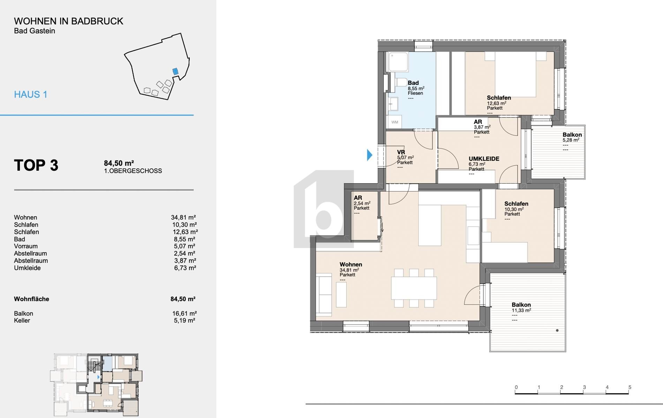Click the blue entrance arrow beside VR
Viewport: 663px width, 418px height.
(370, 155)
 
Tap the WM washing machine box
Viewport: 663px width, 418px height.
(395, 122)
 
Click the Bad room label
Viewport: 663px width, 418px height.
(413, 83)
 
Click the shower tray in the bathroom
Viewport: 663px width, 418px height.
(398, 62)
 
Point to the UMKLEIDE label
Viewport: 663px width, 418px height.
(484, 159)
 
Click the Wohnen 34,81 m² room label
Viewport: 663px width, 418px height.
(351, 265)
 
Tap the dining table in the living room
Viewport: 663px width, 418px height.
(414, 288)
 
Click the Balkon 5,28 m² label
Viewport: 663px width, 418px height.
(572, 135)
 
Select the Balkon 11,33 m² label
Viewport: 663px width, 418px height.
(521, 305)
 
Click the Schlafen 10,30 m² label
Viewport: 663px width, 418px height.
(516, 204)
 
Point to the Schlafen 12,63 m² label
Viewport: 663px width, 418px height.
(499, 98)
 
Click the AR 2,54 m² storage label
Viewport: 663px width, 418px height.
(358, 198)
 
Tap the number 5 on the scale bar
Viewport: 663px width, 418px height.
(630, 387)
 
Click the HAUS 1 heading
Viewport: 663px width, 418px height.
(31, 94)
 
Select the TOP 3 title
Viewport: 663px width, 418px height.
(36, 165)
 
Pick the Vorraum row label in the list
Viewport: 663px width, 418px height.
(26, 246)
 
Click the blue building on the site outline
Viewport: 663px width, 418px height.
(175, 71)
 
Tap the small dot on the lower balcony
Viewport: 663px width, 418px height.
(557, 330)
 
